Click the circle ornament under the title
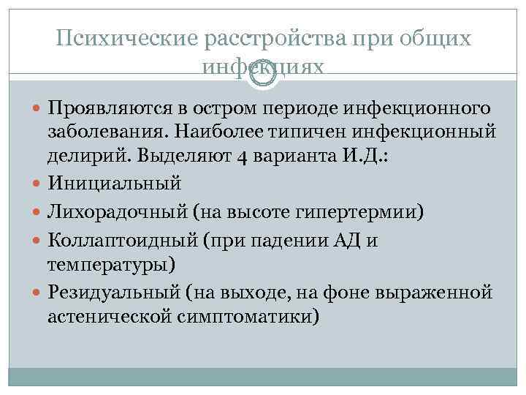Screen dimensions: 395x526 (x=263, y=74)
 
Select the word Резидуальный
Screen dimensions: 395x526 (x=118, y=293)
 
